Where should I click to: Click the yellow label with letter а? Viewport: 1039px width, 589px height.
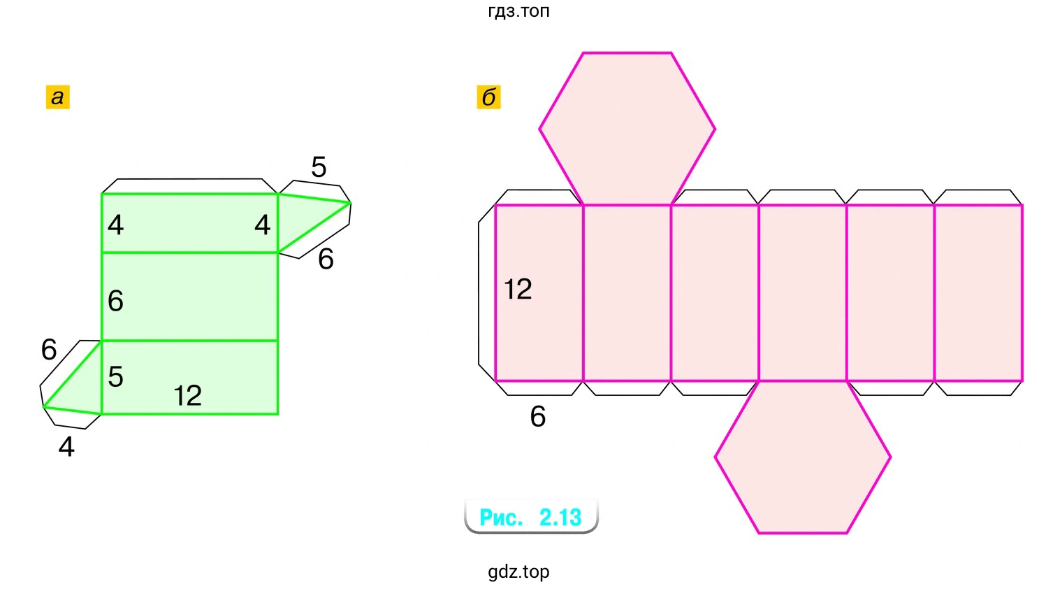[57, 97]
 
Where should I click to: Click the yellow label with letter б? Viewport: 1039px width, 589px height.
[488, 97]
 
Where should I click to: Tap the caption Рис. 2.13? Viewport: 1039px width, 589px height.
[530, 517]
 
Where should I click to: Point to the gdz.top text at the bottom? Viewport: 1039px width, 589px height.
[518, 572]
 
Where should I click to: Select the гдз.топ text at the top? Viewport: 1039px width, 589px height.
[518, 10]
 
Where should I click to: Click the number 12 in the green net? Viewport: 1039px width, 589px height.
[187, 396]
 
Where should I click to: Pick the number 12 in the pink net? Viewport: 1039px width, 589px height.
[518, 289]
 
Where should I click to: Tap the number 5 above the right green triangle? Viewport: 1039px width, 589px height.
[319, 166]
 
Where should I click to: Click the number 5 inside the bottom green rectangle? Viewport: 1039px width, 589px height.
[115, 377]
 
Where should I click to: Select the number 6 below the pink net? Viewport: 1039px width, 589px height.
[537, 416]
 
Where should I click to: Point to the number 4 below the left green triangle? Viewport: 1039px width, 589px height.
[66, 447]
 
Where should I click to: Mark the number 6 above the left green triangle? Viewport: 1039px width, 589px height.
[49, 349]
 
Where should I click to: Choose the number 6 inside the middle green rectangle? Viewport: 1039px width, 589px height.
[115, 301]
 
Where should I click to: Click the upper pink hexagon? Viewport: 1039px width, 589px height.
[627, 129]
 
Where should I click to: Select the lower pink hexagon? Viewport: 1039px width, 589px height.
[803, 457]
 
